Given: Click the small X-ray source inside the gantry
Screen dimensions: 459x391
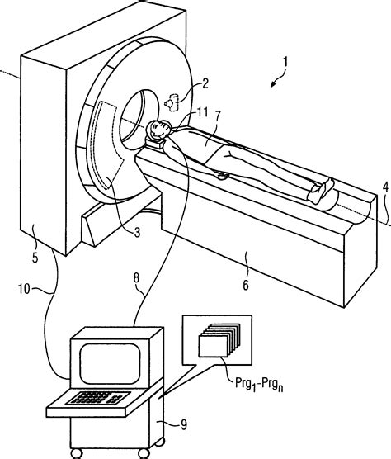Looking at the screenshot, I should click(172, 102).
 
